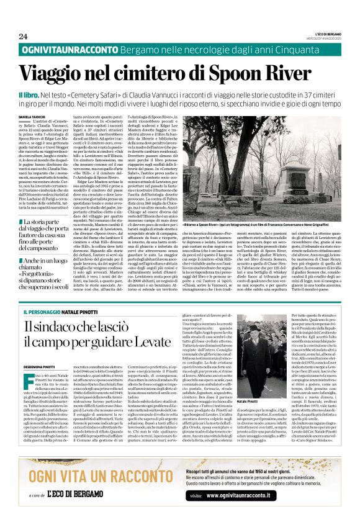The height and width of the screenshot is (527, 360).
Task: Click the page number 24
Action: tap(23, 37)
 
